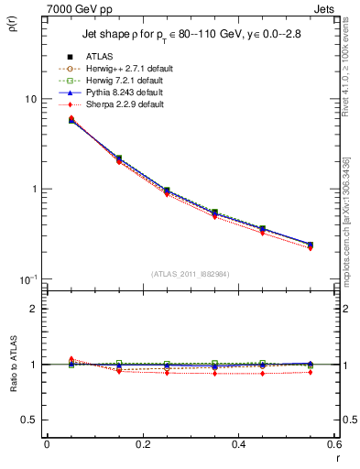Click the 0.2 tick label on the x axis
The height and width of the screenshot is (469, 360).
click(143, 446)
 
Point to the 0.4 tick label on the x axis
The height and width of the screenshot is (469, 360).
click(238, 446)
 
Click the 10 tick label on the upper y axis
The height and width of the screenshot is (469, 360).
click(29, 99)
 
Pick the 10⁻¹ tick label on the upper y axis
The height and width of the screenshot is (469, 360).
click(27, 278)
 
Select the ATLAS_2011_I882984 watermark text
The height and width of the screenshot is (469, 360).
click(191, 274)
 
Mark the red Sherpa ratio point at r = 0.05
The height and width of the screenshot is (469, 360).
click(71, 359)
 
